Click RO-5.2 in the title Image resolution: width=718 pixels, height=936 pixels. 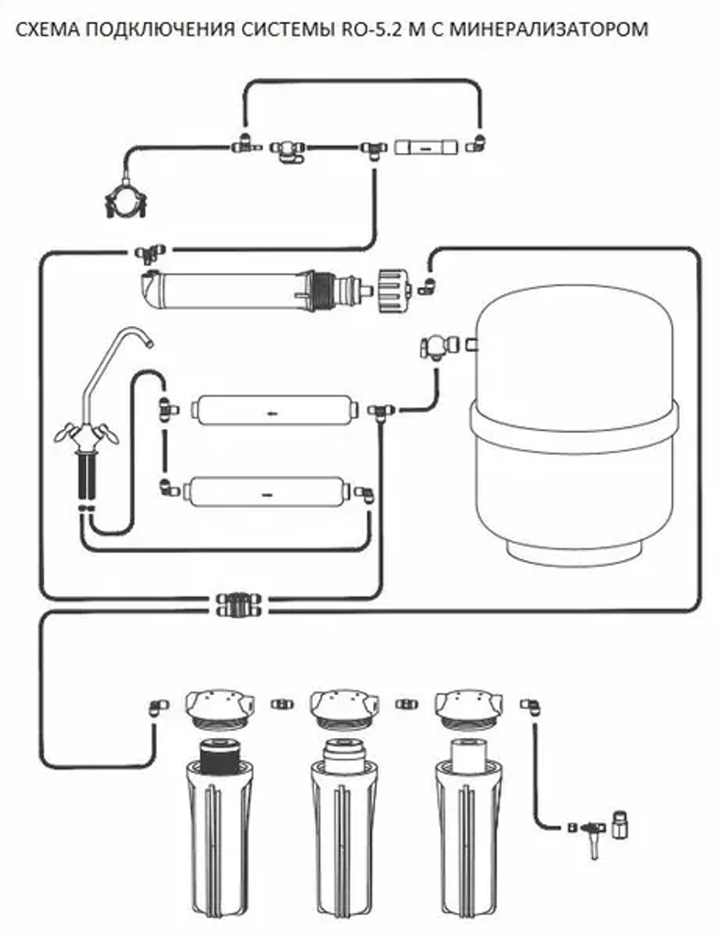(366, 29)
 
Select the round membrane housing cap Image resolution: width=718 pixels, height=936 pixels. (393, 290)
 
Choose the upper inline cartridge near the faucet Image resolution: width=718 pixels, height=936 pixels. (274, 411)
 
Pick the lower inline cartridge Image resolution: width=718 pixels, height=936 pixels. (266, 492)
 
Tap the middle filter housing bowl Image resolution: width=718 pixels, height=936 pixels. (344, 840)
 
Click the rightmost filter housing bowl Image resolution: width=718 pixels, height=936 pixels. (467, 840)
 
